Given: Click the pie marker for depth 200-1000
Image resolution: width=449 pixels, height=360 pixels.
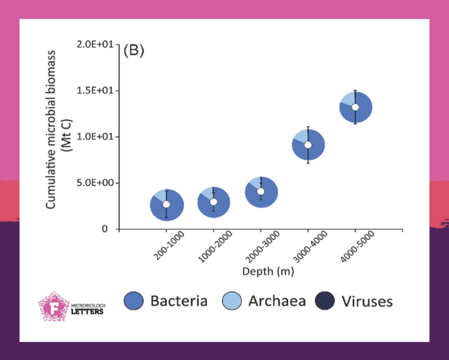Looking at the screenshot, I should click(x=167, y=205).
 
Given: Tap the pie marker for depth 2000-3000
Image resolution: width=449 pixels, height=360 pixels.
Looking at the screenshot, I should click(x=261, y=192).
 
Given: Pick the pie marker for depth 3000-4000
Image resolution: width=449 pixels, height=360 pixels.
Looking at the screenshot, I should click(x=308, y=145).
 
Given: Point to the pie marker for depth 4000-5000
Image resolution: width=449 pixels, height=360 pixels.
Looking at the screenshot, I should click(x=355, y=107).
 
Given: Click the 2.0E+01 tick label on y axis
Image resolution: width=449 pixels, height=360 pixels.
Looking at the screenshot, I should click(x=93, y=44).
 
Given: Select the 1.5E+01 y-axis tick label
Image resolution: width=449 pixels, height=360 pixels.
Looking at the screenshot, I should click(x=93, y=91).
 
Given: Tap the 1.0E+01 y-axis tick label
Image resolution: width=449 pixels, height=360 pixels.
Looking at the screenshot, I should click(x=93, y=137).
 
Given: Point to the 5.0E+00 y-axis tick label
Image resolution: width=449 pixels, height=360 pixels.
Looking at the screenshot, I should click(x=93, y=183).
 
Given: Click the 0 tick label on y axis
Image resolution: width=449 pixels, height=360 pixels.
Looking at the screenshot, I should click(x=105, y=229).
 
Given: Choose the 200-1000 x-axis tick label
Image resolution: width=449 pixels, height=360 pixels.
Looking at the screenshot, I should click(x=155, y=248).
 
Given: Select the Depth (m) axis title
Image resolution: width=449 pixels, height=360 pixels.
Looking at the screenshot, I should click(x=268, y=272).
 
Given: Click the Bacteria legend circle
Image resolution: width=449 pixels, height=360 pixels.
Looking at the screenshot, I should click(x=133, y=301).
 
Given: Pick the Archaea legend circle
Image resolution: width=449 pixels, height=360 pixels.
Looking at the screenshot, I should click(x=232, y=301).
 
